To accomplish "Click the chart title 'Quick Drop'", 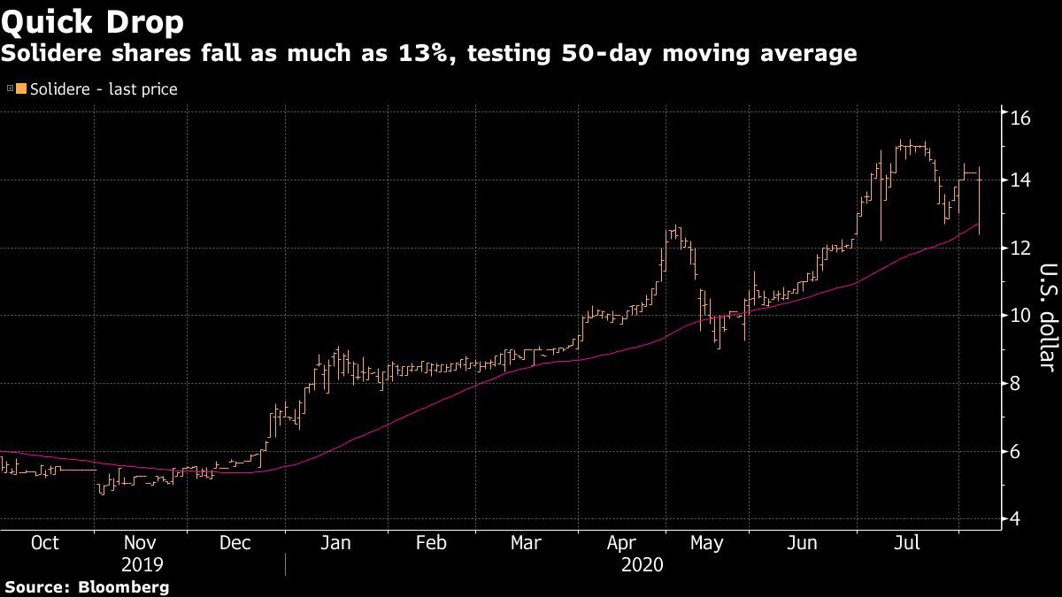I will tap(92, 20).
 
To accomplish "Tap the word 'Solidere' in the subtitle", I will tap(44, 54).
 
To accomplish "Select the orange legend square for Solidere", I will tap(21, 88).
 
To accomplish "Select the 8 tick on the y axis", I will tap(1014, 384).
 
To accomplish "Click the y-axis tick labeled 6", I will tap(1014, 452).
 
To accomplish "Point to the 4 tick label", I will tap(1014, 519).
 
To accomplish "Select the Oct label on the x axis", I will tap(45, 542).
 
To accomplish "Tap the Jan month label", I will tap(335, 542).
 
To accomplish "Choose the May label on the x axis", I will tap(705, 542).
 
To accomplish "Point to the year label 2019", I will tap(142, 563).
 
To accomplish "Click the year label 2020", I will tap(643, 563).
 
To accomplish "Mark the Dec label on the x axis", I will tap(235, 542).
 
